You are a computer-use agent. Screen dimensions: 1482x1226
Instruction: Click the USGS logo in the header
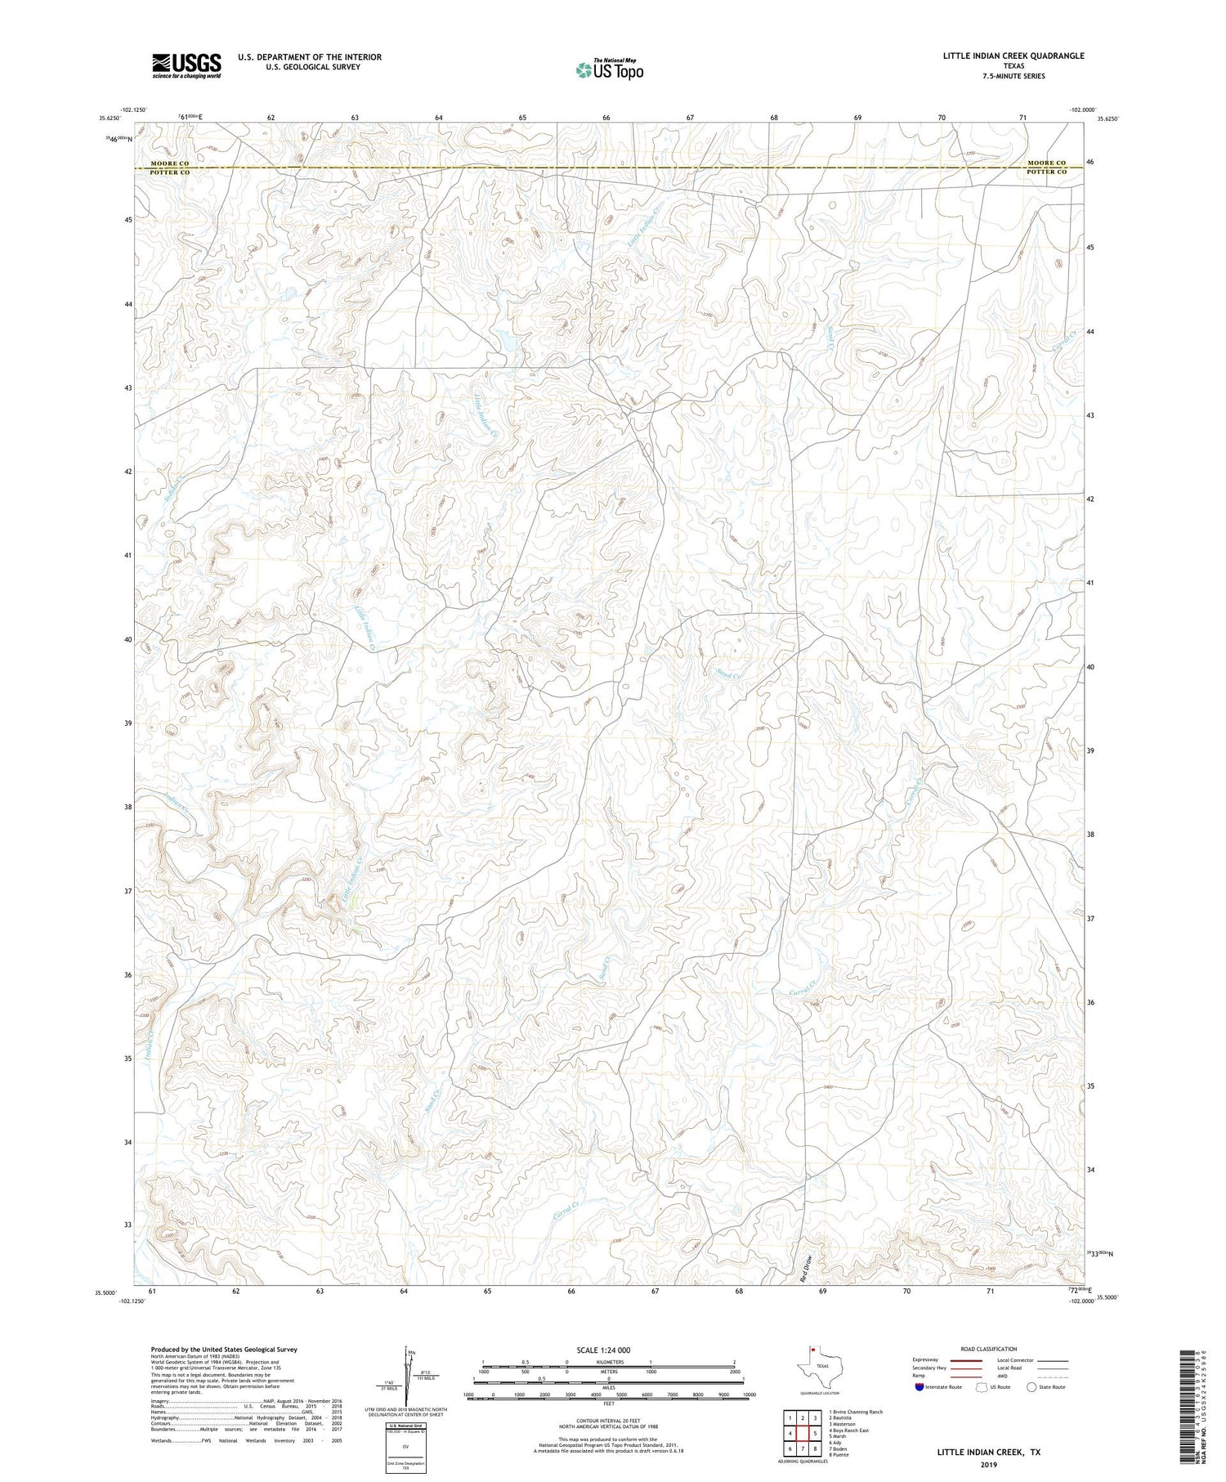coord(186,65)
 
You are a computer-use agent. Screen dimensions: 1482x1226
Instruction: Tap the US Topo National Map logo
coord(609,69)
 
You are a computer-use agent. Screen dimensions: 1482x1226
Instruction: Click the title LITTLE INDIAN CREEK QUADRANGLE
coord(1013,56)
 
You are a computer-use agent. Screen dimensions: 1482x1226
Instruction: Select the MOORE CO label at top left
coord(169,163)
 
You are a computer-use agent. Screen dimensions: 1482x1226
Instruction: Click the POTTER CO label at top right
coord(1046,172)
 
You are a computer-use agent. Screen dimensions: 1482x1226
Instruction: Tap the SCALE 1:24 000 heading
coord(602,1350)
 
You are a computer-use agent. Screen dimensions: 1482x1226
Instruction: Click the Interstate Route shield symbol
coord(919,1386)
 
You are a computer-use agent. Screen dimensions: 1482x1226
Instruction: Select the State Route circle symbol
coord(1031,1386)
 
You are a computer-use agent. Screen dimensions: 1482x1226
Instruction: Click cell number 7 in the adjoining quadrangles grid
coord(803,1448)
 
